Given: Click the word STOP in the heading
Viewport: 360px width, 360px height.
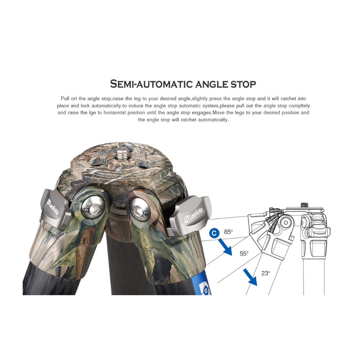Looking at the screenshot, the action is point(243,84).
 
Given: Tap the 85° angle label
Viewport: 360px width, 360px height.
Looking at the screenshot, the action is point(229,232).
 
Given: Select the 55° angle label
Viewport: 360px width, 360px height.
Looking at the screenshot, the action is point(244,253).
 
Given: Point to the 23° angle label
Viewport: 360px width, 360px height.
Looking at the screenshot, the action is point(266,273).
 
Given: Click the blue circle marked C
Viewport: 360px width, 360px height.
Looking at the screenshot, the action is point(214,233).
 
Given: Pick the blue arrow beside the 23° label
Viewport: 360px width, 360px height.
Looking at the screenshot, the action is point(250,277).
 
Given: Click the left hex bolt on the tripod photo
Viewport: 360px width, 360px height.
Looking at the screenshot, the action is point(93,208).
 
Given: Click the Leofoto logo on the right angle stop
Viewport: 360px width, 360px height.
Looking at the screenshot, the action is point(194,215).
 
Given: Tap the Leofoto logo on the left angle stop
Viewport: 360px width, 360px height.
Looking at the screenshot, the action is point(53,207).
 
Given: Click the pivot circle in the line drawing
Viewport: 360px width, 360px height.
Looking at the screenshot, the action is point(285,222).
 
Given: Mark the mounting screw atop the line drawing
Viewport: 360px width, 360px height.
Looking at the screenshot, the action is point(305,205).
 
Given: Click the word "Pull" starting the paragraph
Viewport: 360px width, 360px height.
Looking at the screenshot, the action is point(65,99).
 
